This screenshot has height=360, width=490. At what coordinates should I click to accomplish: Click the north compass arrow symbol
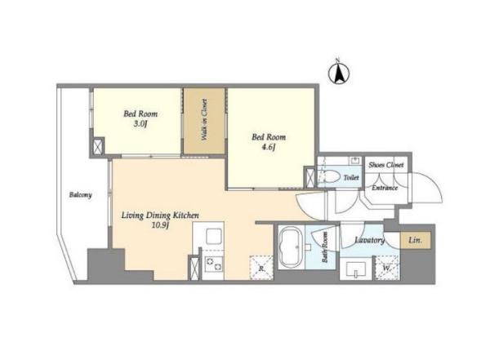[339, 73]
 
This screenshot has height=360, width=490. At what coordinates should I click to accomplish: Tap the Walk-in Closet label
[204, 119]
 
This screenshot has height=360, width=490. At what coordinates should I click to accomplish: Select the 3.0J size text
[140, 124]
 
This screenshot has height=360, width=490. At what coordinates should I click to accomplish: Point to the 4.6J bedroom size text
[268, 147]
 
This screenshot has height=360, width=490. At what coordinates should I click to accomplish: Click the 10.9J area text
[160, 225]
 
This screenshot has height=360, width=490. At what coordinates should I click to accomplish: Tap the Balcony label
[81, 194]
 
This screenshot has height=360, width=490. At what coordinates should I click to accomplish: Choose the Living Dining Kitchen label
[160, 216]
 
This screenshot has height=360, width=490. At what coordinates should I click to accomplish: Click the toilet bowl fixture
[331, 176]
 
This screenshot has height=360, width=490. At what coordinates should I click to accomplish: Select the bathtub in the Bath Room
[291, 246]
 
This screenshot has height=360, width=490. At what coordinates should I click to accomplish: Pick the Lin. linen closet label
[416, 240]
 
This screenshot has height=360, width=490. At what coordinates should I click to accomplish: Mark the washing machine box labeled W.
[387, 268]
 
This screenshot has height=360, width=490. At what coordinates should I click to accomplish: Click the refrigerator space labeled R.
[261, 268]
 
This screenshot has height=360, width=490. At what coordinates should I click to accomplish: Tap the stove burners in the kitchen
[214, 264]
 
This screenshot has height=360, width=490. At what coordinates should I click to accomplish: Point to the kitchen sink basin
[214, 237]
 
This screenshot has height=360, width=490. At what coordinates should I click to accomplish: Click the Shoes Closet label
[386, 165]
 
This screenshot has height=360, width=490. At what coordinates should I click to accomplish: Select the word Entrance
[385, 188]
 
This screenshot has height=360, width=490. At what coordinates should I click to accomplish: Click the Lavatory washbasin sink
[356, 269]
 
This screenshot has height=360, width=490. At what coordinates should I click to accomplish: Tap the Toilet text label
[351, 177]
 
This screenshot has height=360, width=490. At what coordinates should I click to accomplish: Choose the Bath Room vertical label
[325, 247]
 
